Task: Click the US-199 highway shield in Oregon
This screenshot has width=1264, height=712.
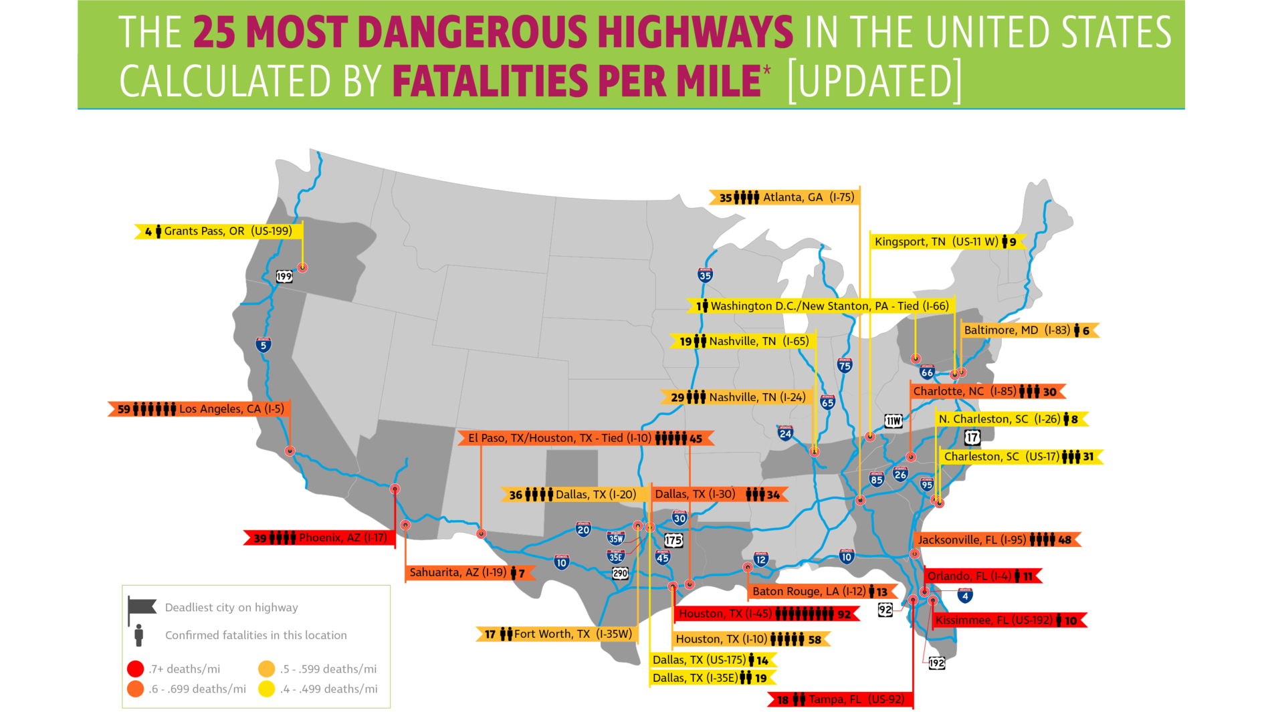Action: pos(284,276)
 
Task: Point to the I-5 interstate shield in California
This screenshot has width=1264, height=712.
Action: pos(264,345)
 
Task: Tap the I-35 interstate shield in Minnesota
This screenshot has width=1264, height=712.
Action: pos(705,275)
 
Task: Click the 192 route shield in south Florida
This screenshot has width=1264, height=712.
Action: pos(936,663)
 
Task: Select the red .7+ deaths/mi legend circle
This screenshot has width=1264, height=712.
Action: pos(135,669)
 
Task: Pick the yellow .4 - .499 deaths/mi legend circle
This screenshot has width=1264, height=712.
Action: pos(267,689)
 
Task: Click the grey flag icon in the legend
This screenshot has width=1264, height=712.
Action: pos(142,607)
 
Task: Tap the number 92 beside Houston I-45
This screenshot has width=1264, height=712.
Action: pos(844,614)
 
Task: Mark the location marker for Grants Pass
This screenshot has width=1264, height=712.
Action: pos(302,267)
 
